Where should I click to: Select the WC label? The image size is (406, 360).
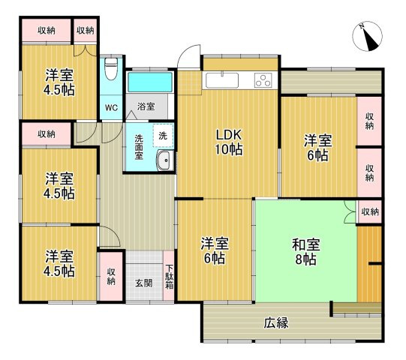pos(111,107)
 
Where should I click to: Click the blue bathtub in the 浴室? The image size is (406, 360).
pos(150,82)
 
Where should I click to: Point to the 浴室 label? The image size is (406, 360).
pos(146,107)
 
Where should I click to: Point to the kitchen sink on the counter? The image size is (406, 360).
pos(222,80)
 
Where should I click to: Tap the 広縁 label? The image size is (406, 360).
pos(276,323)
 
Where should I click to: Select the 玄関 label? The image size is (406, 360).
pos(143,283)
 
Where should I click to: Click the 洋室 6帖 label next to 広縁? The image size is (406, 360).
pos(214,251)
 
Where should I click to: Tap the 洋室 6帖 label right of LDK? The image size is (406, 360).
pos(317,148)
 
